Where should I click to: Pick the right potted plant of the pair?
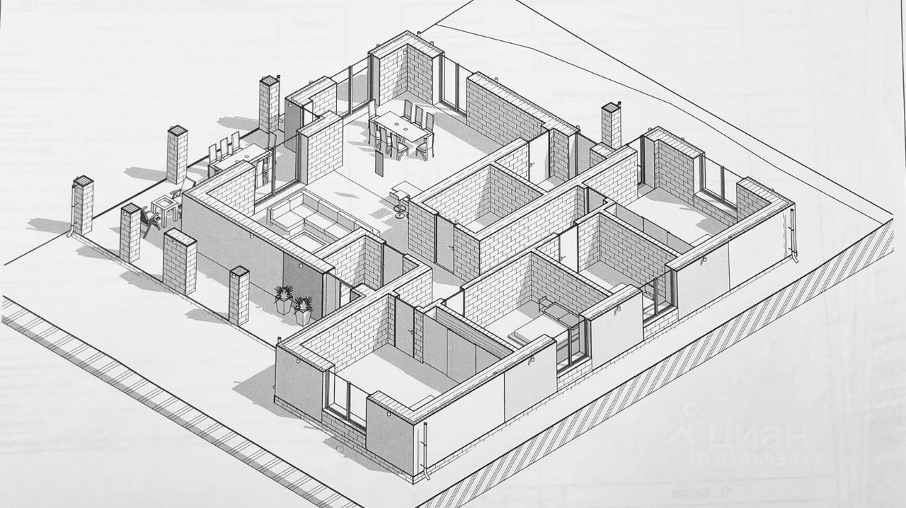(x=303, y=308)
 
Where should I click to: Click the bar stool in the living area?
(x=401, y=207)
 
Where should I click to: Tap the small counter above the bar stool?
(x=404, y=188)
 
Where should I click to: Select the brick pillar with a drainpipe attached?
(x=83, y=205)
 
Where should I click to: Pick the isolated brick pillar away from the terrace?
(x=611, y=125)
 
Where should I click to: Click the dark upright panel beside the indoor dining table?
(x=379, y=165)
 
